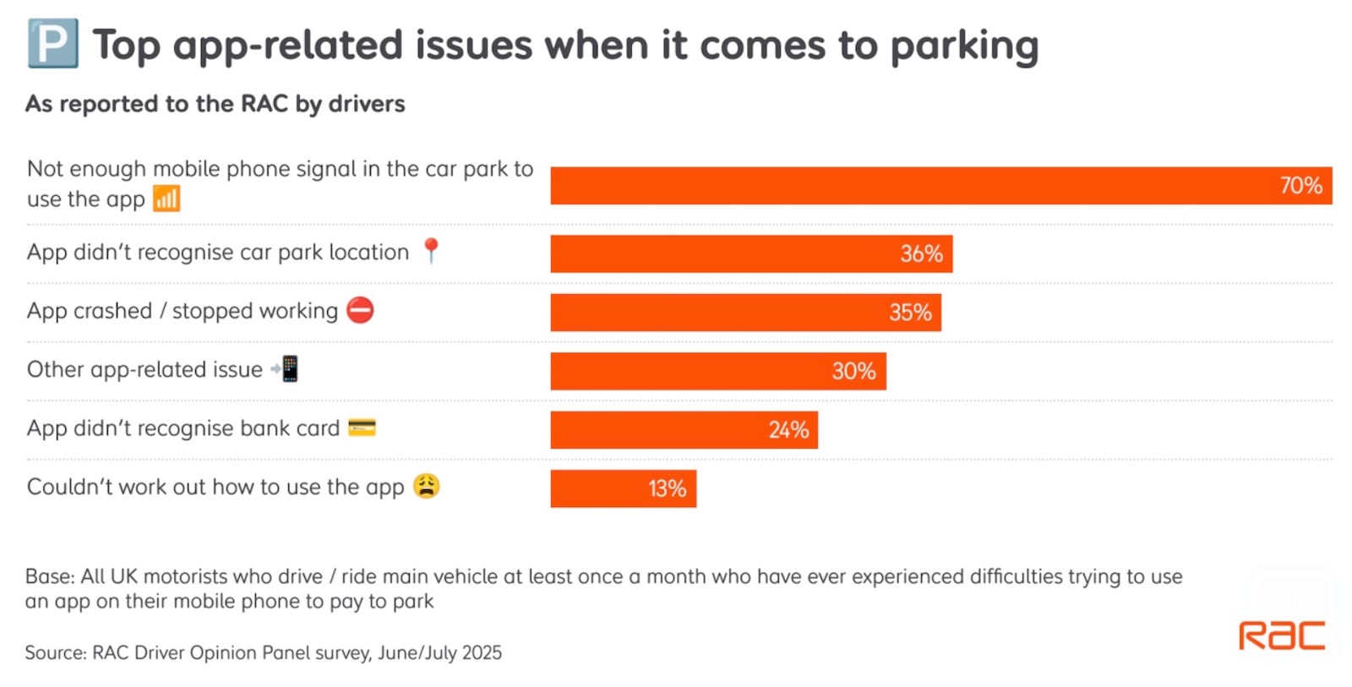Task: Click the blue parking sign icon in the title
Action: coord(52,44)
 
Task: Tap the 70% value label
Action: coord(1300,186)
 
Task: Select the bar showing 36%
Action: coord(750,254)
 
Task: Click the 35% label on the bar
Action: coord(910,313)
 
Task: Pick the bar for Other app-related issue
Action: coord(717,371)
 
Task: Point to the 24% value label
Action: coord(788,430)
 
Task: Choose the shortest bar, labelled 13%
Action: coord(623,488)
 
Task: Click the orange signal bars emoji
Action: coord(166,199)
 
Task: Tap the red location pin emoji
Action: coord(431,251)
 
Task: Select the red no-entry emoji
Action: coord(361,310)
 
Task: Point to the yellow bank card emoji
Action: coord(362,428)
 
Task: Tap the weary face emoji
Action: coord(427,487)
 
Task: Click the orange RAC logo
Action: coord(1281,635)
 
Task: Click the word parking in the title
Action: coord(964,46)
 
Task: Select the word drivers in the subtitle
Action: coord(367,104)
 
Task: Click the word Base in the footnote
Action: coord(49,576)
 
